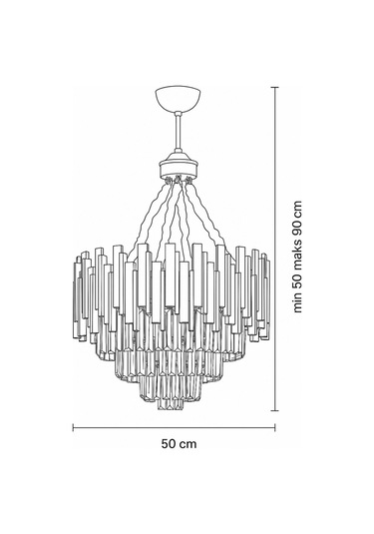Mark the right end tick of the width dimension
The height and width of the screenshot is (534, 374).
point(272,426)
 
